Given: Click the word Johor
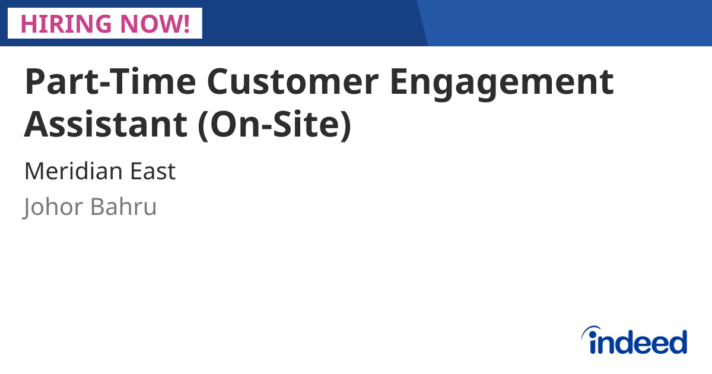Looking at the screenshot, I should [53, 207].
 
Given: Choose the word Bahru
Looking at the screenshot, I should [124, 207].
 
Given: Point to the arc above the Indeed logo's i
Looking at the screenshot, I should [593, 329].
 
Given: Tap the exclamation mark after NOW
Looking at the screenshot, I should [186, 24].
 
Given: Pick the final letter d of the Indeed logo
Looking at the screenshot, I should [678, 342].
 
